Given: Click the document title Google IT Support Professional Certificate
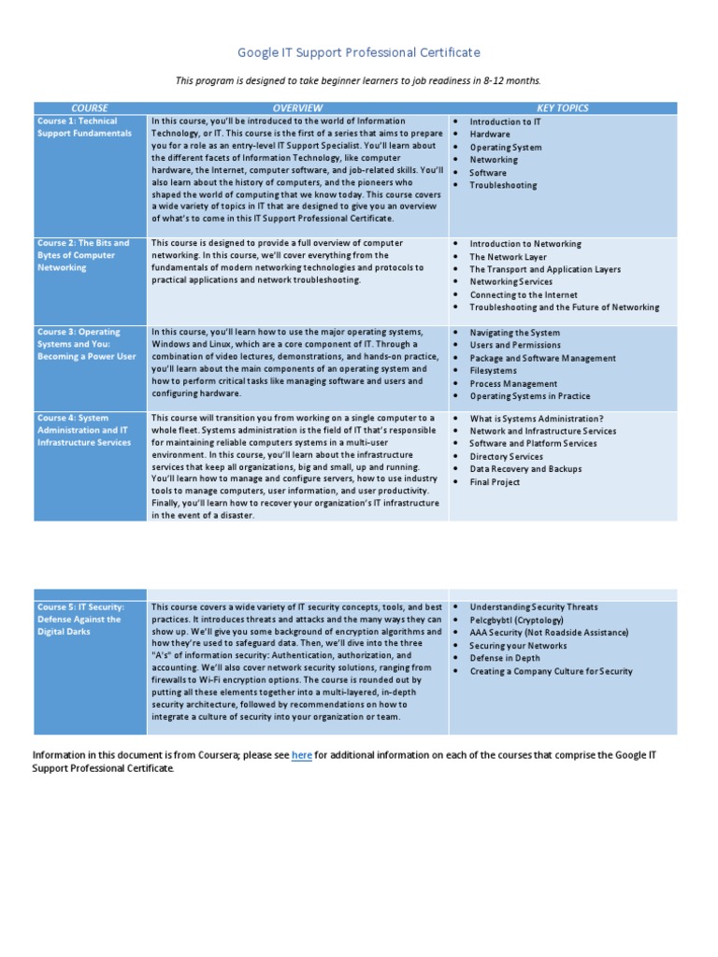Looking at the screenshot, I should coord(359,52).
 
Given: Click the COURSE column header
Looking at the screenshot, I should coord(90,108).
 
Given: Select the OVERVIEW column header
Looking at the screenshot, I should coord(297,108).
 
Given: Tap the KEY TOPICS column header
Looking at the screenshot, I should coord(562,108).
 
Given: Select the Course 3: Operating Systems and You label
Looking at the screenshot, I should coord(86,344).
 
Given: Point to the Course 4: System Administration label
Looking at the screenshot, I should coord(84,430).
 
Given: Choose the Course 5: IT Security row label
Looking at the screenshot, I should coord(79,619).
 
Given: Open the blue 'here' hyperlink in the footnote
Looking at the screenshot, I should coord(301,755).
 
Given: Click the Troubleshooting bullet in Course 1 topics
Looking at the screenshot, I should coord(503,185).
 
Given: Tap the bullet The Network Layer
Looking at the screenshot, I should coord(508,257).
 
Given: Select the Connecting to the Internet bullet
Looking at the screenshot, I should coord(524,294).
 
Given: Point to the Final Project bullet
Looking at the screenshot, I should coord(495,482).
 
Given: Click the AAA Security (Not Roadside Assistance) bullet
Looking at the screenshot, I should coord(549,633).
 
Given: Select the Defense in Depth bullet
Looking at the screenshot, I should coord(505,658).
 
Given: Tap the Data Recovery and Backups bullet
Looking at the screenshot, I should coord(525,469).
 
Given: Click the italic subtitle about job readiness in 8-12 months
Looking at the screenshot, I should coord(359,80).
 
